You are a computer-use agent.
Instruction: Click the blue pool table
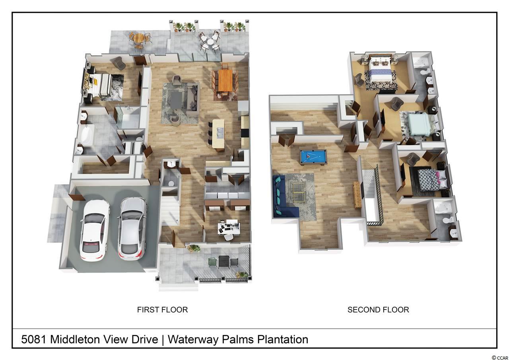pyautogui.click(x=313, y=157)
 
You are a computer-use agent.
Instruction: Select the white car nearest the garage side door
pyautogui.click(x=95, y=230)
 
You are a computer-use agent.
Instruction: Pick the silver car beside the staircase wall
pyautogui.click(x=132, y=228)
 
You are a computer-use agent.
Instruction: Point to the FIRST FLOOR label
pyautogui.click(x=163, y=310)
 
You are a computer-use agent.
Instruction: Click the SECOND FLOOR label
pyautogui.click(x=378, y=310)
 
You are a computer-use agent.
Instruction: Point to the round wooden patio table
pyautogui.click(x=138, y=38)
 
